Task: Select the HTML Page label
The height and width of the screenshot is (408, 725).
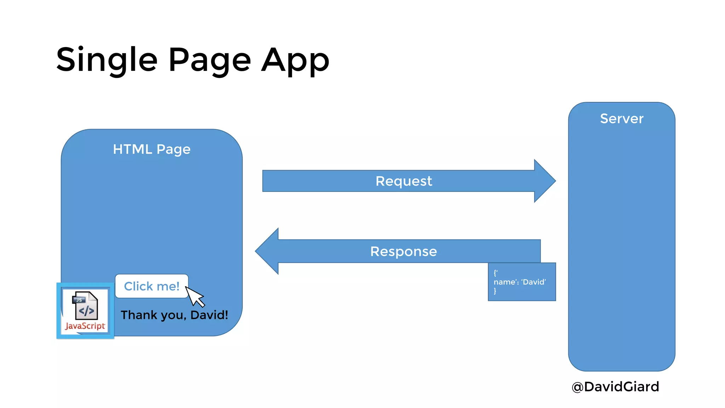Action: (x=152, y=149)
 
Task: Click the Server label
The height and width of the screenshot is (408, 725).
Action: (x=622, y=119)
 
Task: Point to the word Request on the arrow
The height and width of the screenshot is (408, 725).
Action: (x=404, y=181)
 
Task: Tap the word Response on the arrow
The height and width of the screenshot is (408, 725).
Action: (x=404, y=251)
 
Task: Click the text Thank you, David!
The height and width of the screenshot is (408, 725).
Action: (x=174, y=315)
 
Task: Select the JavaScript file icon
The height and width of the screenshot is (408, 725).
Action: (x=85, y=306)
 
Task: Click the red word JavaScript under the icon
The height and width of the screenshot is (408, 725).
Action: (x=85, y=326)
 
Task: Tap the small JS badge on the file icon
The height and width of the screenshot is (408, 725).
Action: (x=79, y=300)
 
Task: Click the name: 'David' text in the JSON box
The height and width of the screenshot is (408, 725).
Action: (x=520, y=282)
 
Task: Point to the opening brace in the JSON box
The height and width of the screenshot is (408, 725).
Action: (x=495, y=273)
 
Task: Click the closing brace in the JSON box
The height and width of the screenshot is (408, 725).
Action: (x=495, y=291)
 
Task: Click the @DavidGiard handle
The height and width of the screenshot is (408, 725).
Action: (x=615, y=386)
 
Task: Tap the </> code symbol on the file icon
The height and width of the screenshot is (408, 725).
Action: (x=86, y=311)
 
